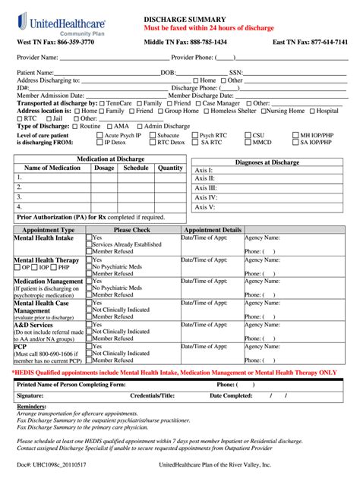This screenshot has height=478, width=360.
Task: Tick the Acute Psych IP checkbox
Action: (x=99, y=135)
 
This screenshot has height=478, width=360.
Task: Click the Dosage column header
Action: (x=104, y=168)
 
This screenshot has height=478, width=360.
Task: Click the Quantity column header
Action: (x=170, y=168)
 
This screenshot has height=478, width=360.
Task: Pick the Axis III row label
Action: (x=206, y=187)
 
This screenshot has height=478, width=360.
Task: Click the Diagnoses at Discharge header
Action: (x=267, y=162)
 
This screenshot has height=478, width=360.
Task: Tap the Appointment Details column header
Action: (x=213, y=229)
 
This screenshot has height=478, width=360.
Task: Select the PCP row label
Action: (x=21, y=346)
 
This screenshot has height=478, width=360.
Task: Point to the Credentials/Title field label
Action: (x=153, y=395)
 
